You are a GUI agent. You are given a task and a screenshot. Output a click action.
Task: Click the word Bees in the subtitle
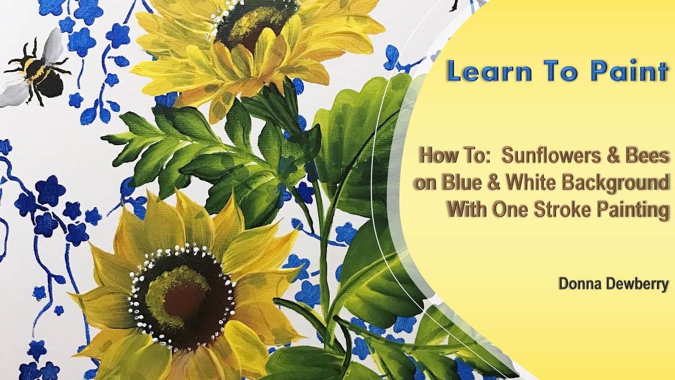point(650,156)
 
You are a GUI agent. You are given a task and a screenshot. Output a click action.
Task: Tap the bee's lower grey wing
point(13,95)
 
